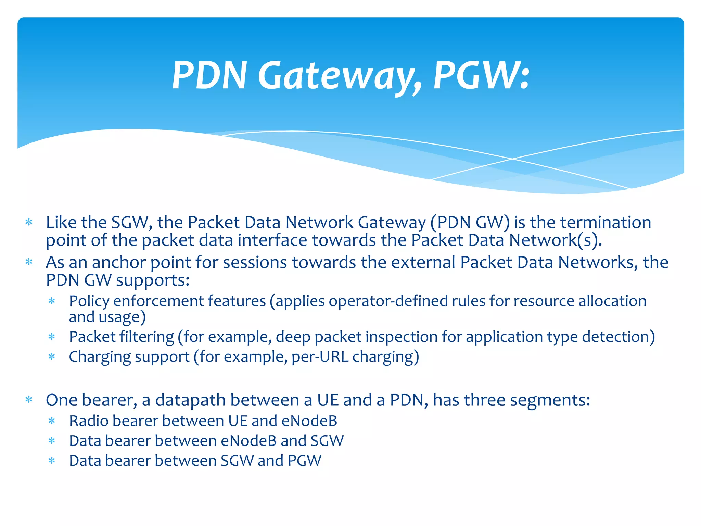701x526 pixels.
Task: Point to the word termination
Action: [x=606, y=222]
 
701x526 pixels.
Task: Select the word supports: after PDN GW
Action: [x=153, y=280]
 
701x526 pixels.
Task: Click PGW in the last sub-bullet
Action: [x=305, y=461]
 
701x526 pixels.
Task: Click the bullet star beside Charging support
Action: [x=52, y=357]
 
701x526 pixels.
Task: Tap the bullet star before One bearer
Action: [x=29, y=400]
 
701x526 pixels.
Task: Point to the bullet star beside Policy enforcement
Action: [x=52, y=301]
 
